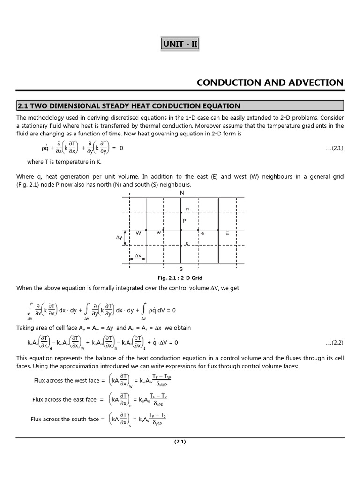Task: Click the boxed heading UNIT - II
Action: (180, 45)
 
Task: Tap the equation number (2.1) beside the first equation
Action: (335, 148)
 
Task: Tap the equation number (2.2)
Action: (335, 342)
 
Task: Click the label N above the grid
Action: (182, 193)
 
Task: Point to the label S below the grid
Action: (181, 269)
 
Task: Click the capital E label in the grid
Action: (227, 233)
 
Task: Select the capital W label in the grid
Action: (138, 233)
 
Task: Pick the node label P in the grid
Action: (184, 220)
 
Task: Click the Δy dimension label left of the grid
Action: (119, 238)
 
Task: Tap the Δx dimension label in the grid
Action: (138, 255)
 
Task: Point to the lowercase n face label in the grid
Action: (187, 209)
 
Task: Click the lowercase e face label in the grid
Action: (202, 233)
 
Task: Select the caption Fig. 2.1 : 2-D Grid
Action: (181, 278)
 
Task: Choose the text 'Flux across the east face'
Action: (64, 399)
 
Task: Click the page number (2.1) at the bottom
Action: (180, 442)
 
